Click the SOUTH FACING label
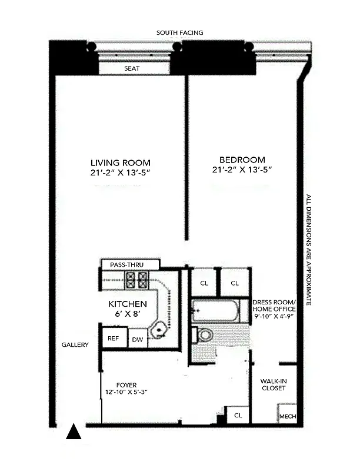179,33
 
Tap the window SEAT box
131,69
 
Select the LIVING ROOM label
120,162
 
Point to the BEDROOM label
242,160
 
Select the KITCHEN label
127,304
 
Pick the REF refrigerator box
111,339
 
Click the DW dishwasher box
137,339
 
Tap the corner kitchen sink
158,331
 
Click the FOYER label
126,385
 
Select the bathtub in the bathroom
215,311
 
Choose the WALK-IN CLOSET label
274,384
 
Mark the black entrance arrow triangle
73,432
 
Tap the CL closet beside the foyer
237,414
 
